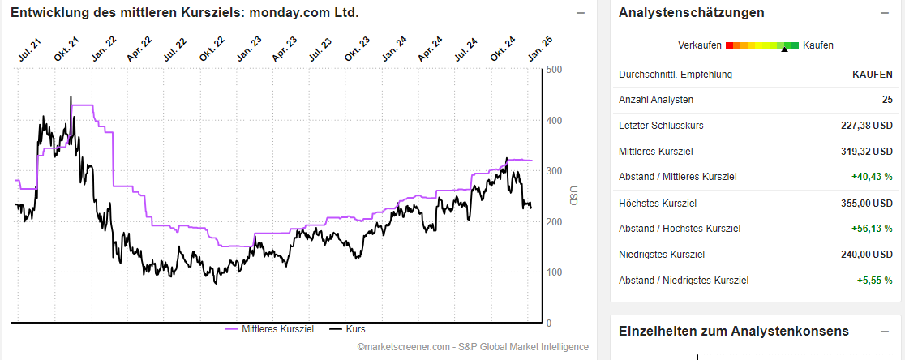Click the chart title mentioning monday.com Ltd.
[184, 13]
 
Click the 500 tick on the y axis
[554, 70]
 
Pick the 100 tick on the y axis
[554, 272]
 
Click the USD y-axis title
[573, 196]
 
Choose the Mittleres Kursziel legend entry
[270, 329]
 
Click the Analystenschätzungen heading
[691, 13]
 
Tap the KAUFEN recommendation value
[872, 75]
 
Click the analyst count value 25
[886, 100]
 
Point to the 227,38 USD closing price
[866, 126]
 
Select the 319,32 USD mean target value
[866, 152]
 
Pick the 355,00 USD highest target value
[866, 204]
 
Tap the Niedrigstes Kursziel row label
[661, 255]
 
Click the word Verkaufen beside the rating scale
[701, 45]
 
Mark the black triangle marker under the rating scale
[784, 50]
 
